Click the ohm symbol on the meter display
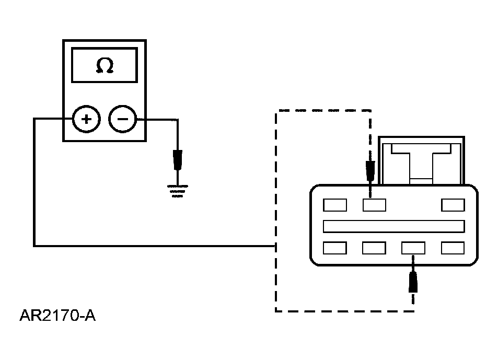tap(105, 65)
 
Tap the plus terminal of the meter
tap(86, 119)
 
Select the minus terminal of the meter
tap(123, 119)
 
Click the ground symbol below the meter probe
tap(178, 191)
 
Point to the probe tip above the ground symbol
tap(178, 160)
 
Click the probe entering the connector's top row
tap(370, 171)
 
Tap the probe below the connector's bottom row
tap(413, 282)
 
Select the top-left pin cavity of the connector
tap(335, 205)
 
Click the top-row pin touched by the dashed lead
tap(375, 205)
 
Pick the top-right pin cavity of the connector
tap(453, 205)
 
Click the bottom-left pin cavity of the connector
tap(335, 248)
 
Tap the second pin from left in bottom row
tap(374, 248)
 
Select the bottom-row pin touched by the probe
tap(413, 248)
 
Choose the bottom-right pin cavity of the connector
tap(453, 248)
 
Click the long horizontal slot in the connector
tap(394, 226)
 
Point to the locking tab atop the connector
tap(422, 160)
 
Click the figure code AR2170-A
tap(57, 316)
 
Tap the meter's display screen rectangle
tap(105, 65)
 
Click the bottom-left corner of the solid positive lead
tap(34, 246)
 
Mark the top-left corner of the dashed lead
tap(276, 111)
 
